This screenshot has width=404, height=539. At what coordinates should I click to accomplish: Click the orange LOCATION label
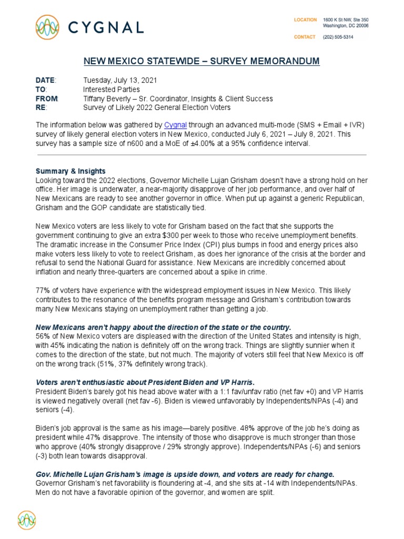305,20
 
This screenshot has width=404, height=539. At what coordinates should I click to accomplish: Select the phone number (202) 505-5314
338,37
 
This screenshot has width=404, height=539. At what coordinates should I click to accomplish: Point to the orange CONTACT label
305,37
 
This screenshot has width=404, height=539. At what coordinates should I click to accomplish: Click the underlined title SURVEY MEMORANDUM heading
201,62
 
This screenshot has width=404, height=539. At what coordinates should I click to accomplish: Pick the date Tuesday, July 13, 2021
119,81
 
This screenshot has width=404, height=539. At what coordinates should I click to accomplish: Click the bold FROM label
46,98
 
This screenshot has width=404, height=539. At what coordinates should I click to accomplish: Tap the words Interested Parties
110,89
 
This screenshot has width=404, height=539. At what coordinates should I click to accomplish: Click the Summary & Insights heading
70,171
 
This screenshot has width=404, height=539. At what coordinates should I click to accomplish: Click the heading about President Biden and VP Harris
138,382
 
